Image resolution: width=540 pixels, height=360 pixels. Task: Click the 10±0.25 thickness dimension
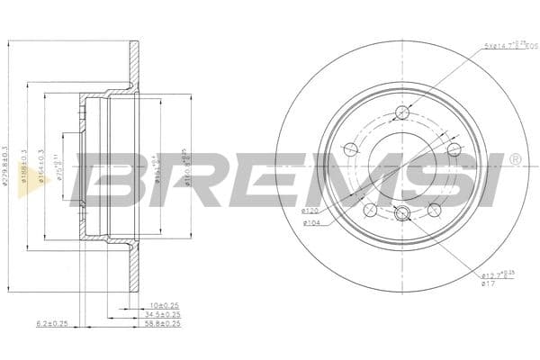[165, 306]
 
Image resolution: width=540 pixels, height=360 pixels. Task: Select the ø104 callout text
[312, 222]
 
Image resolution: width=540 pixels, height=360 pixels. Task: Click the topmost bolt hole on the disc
[401, 112]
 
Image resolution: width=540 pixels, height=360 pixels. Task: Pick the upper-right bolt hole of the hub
[454, 150]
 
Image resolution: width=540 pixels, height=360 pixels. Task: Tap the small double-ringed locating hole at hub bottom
[402, 213]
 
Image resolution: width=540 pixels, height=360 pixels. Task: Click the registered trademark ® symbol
[514, 159]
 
